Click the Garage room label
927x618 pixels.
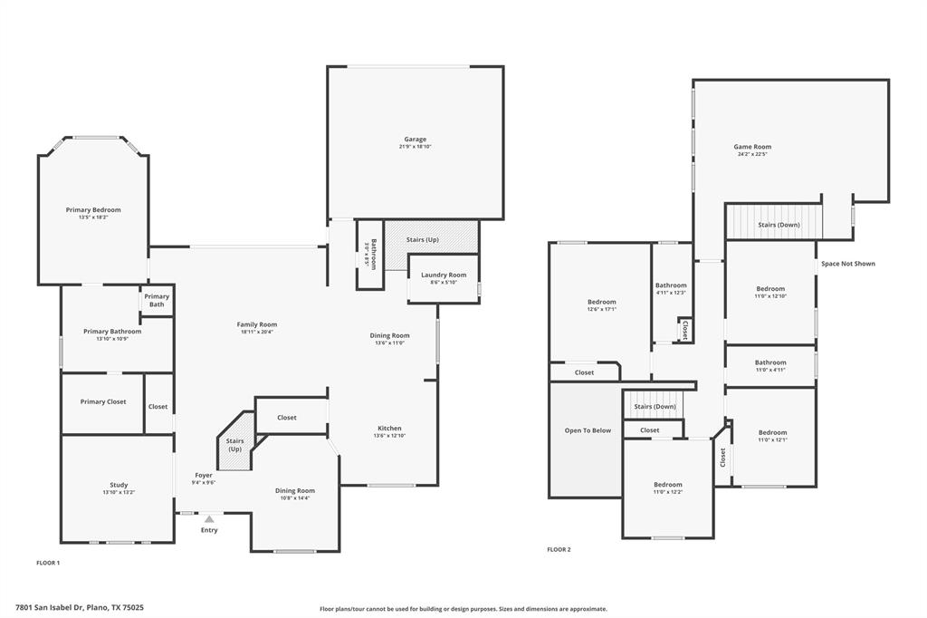coord(415,140)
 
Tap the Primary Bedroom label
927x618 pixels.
coord(93,209)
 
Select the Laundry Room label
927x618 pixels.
coord(444,275)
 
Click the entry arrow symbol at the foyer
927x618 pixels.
coord(209,519)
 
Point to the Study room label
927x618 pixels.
coord(119,485)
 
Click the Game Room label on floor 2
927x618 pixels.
coord(751,147)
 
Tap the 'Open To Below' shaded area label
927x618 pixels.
coord(588,430)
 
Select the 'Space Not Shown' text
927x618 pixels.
coord(847,264)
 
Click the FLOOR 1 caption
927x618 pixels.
coord(48,563)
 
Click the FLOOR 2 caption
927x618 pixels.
coord(559,549)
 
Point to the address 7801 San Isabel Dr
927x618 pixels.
coord(80,608)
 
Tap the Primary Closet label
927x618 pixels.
coord(103,401)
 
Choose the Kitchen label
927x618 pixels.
coord(389,429)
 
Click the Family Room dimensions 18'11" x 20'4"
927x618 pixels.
coord(258,332)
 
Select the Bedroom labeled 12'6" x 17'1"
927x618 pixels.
coord(602,302)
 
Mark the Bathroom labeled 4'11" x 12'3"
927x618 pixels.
coord(671,285)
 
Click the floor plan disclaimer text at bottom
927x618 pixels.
coord(463,609)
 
